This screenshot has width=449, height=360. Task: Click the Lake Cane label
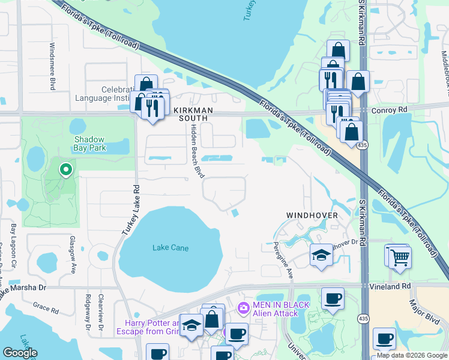coord(170,248)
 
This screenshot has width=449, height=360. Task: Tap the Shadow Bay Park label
coord(89,142)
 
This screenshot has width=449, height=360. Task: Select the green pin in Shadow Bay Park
coord(66,170)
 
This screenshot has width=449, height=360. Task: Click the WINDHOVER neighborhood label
coord(312,215)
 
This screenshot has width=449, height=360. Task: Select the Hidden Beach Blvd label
coord(195,151)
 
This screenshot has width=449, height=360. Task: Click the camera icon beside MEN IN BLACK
coord(243,308)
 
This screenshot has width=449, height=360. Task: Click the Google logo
coord(20,353)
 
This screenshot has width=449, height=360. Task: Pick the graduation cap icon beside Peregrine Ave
coord(321,255)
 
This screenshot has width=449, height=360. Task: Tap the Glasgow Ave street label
coord(72,255)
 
